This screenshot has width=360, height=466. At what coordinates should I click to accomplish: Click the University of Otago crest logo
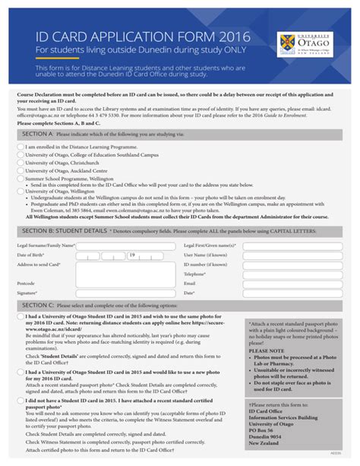tap(286, 43)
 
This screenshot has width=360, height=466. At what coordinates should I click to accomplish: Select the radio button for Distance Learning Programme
tap(20, 146)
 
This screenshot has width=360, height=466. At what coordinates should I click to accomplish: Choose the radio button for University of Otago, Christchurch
tap(20, 163)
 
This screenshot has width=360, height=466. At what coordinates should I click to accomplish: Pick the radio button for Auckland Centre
tap(20, 171)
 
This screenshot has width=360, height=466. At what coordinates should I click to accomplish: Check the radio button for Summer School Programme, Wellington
tap(20, 179)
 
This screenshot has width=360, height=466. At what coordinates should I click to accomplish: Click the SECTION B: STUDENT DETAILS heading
tap(65, 208)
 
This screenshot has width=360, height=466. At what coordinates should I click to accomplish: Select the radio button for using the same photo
tap(20, 317)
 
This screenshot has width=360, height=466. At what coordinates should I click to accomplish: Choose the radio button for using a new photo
tap(20, 372)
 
